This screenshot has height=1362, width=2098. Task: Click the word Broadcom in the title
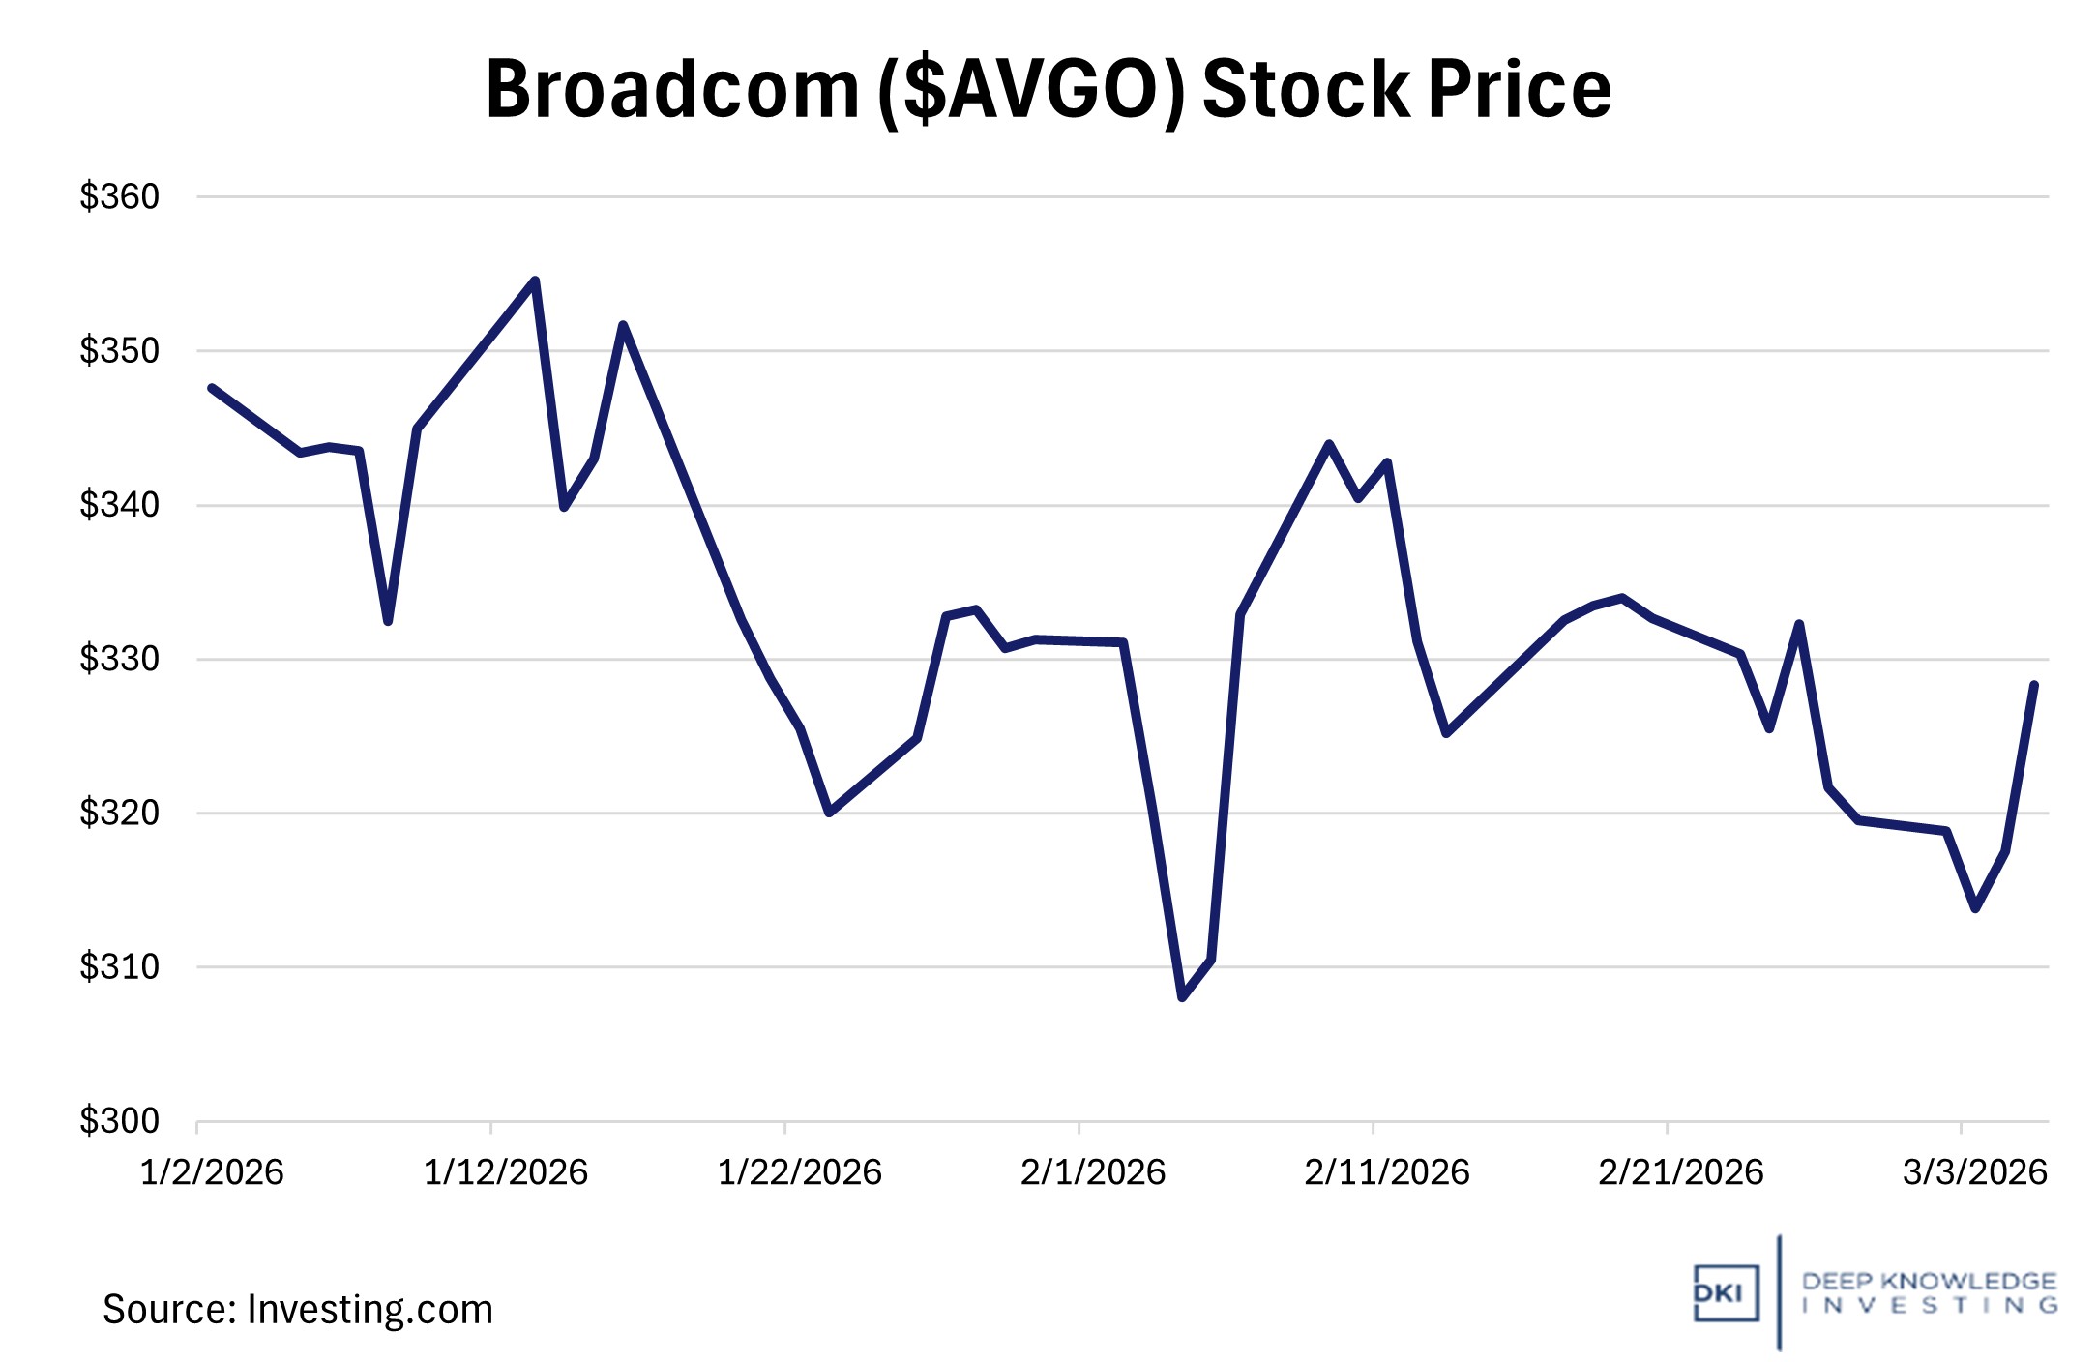coord(671,90)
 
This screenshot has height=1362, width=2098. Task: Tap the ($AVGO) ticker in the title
coord(1029,90)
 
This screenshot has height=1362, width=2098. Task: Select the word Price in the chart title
coord(1520,90)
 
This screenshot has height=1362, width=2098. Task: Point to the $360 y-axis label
coord(119,196)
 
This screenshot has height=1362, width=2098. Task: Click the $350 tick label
coord(119,350)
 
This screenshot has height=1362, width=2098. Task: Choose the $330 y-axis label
coord(119,659)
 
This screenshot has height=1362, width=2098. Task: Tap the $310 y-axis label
coord(119,966)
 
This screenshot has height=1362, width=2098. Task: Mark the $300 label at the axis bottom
coord(119,1120)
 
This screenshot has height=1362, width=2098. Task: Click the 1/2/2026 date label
coord(212,1172)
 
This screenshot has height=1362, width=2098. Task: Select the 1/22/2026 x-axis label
coord(799,1172)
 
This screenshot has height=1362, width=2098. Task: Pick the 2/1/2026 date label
coord(1093,1172)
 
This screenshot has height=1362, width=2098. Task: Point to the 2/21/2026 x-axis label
coord(1680,1172)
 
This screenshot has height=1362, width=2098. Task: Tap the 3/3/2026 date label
coord(1974,1172)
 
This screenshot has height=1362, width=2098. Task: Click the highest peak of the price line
coord(535,281)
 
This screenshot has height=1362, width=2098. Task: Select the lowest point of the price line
coord(1182,996)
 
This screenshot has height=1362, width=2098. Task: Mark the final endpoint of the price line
coord(2034,685)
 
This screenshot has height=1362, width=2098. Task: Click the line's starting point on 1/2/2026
coord(212,388)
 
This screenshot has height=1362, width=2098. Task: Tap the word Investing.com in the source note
coord(369,1310)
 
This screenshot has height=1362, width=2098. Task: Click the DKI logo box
coord(1725,1292)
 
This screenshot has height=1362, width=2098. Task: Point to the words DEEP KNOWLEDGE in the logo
coord(1929,1281)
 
